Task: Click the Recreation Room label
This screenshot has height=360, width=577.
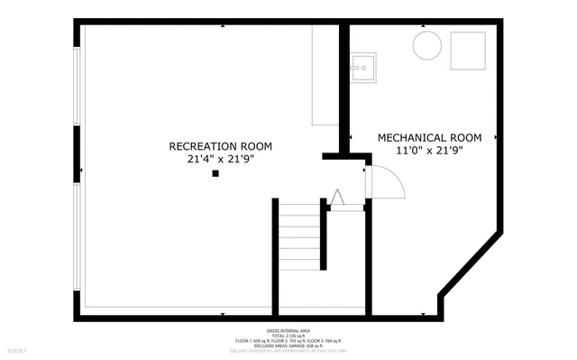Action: tap(221, 145)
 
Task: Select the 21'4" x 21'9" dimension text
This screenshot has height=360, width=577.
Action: tap(221, 159)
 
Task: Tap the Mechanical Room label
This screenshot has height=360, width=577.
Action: tap(429, 138)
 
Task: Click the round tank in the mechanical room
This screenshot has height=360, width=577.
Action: tap(427, 45)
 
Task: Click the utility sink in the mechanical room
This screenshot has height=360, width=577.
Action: tap(363, 66)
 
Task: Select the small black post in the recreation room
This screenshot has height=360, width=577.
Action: tap(215, 173)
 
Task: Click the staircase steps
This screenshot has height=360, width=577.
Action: tap(300, 236)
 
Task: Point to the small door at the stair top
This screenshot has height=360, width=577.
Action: tap(336, 198)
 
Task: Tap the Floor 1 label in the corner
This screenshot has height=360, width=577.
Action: tap(17, 351)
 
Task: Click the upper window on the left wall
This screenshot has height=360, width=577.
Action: tap(78, 87)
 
